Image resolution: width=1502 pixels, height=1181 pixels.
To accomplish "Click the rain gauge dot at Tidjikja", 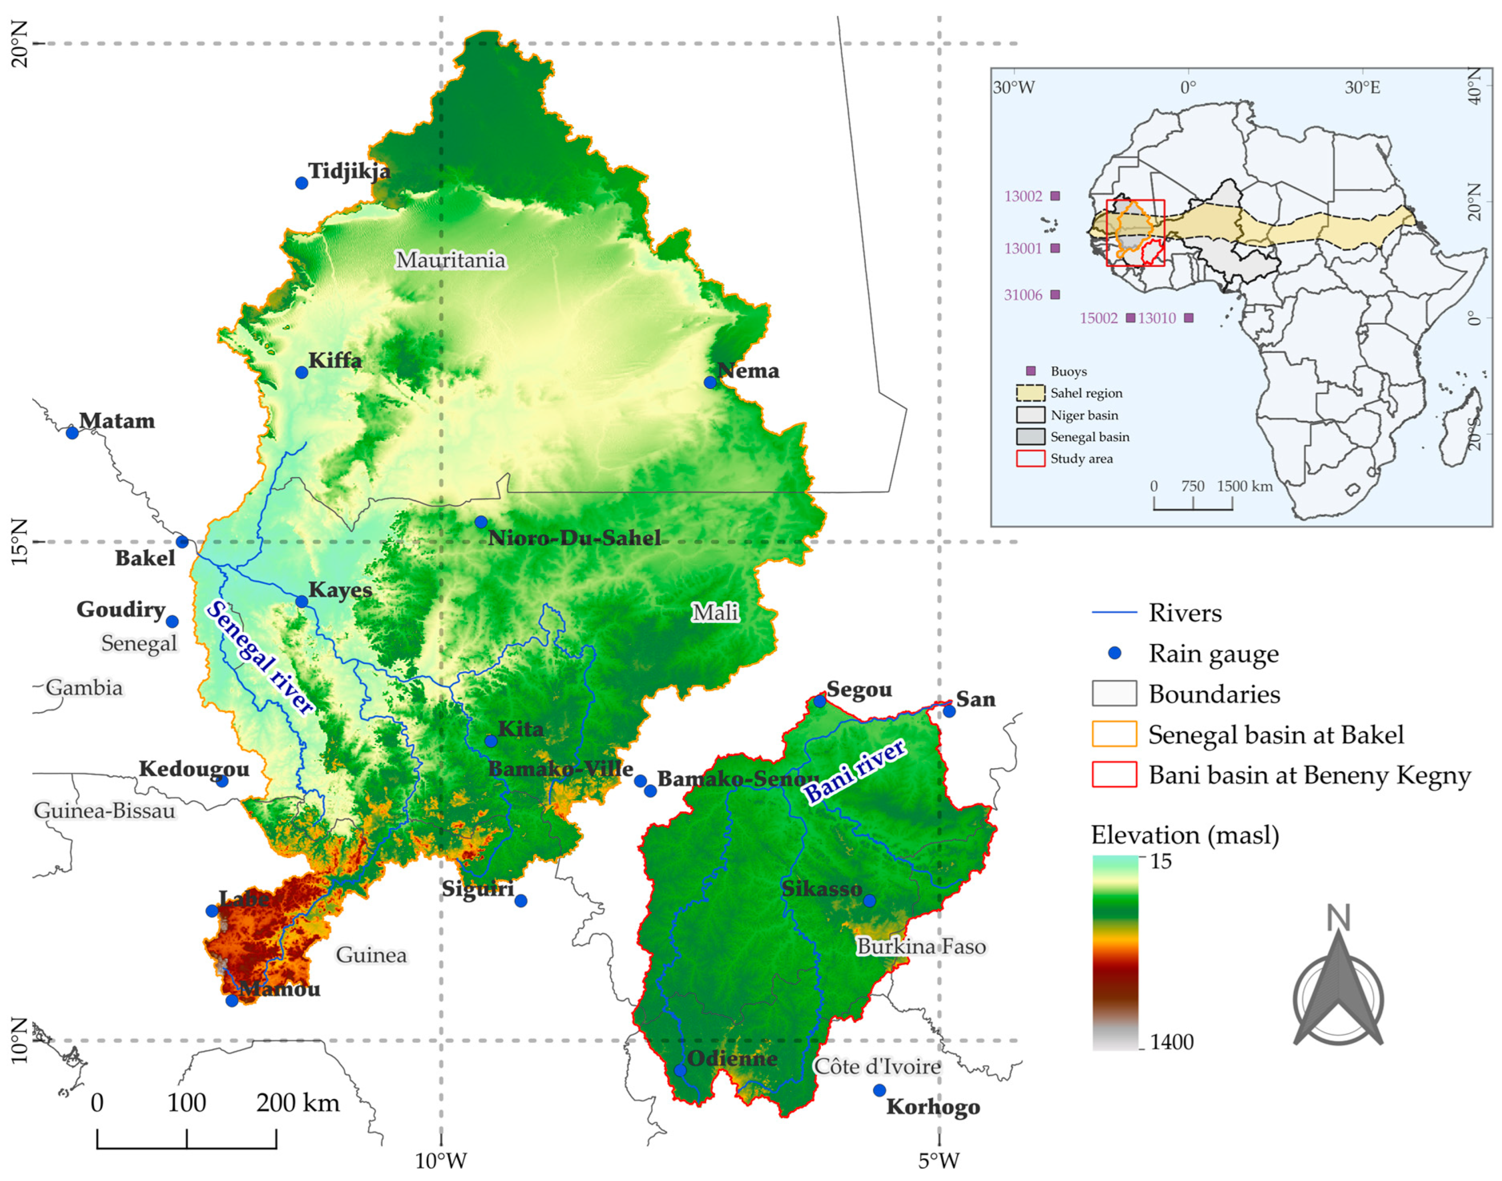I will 302,183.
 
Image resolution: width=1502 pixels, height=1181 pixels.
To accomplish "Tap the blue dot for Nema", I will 710,382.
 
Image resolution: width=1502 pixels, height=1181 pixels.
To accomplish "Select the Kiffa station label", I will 335,360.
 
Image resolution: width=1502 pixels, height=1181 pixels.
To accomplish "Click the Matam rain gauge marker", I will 72,433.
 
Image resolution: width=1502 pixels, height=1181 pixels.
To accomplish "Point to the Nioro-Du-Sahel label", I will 573,538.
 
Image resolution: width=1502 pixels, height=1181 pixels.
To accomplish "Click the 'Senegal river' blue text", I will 260,656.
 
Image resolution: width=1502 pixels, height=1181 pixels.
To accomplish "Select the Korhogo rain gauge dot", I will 879,1090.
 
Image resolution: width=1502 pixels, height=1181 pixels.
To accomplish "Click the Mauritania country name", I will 451,260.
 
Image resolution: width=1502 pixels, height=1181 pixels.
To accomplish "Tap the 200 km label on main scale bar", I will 298,1102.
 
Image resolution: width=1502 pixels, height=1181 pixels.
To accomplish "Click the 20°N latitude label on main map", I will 21,44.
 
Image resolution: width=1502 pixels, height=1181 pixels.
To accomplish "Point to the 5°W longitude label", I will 939,1161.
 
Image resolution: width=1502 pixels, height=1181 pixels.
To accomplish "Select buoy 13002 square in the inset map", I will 1055,196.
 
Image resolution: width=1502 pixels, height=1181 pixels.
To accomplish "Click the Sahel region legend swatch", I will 1030,393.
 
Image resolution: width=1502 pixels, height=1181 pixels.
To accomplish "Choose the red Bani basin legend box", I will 1114,775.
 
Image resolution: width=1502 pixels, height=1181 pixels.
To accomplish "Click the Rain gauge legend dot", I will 1114,653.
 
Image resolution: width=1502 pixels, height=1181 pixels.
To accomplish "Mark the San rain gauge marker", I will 949,711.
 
